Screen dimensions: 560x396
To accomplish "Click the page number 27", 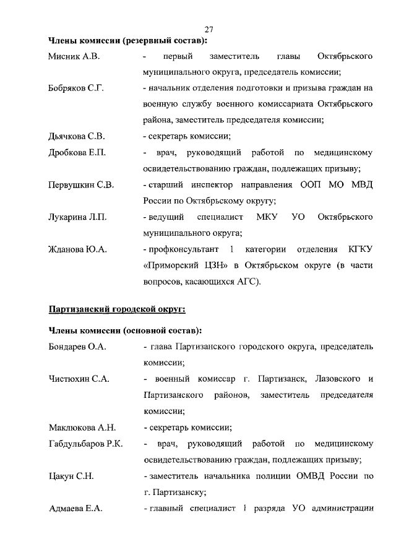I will click(x=209, y=29).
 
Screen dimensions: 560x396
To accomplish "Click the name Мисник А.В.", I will click(x=74, y=57).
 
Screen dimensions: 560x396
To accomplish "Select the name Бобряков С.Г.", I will click(x=75, y=88).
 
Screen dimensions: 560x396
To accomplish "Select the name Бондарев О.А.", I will click(x=77, y=347).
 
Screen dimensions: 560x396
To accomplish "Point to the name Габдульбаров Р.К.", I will click(x=85, y=444).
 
